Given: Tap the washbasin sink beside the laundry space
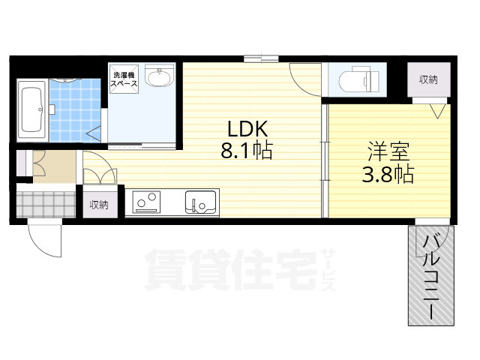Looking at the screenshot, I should click(x=158, y=78).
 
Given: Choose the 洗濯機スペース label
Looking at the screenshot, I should click(x=124, y=79).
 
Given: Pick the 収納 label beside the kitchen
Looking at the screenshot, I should click(x=100, y=204).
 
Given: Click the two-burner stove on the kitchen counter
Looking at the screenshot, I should click(x=147, y=202).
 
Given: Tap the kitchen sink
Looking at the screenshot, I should click(x=200, y=202).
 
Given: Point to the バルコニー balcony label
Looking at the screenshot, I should click(x=431, y=277).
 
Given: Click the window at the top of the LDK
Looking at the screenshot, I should click(x=261, y=58).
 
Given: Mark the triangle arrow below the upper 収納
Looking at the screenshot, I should click(x=438, y=110).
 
